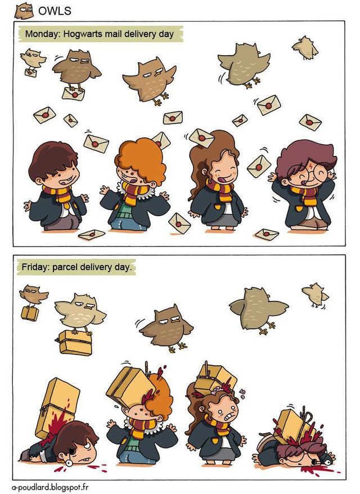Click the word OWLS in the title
pos(55,11)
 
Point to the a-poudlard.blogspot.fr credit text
pos(51,487)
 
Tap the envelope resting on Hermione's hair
pos(201,138)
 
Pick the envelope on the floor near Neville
pos(92,234)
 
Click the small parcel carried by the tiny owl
pos(30,313)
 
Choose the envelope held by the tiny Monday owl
pos(30,72)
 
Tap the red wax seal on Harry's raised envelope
pos(259,167)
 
